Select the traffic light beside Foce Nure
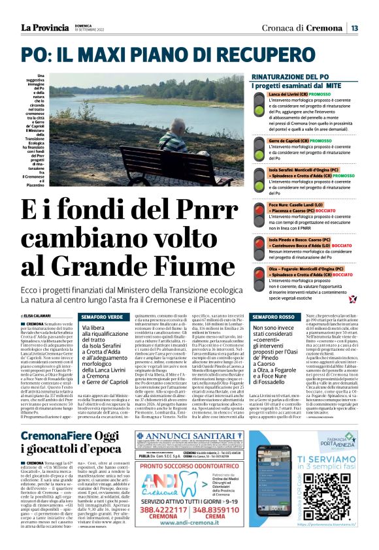[261, 208]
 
